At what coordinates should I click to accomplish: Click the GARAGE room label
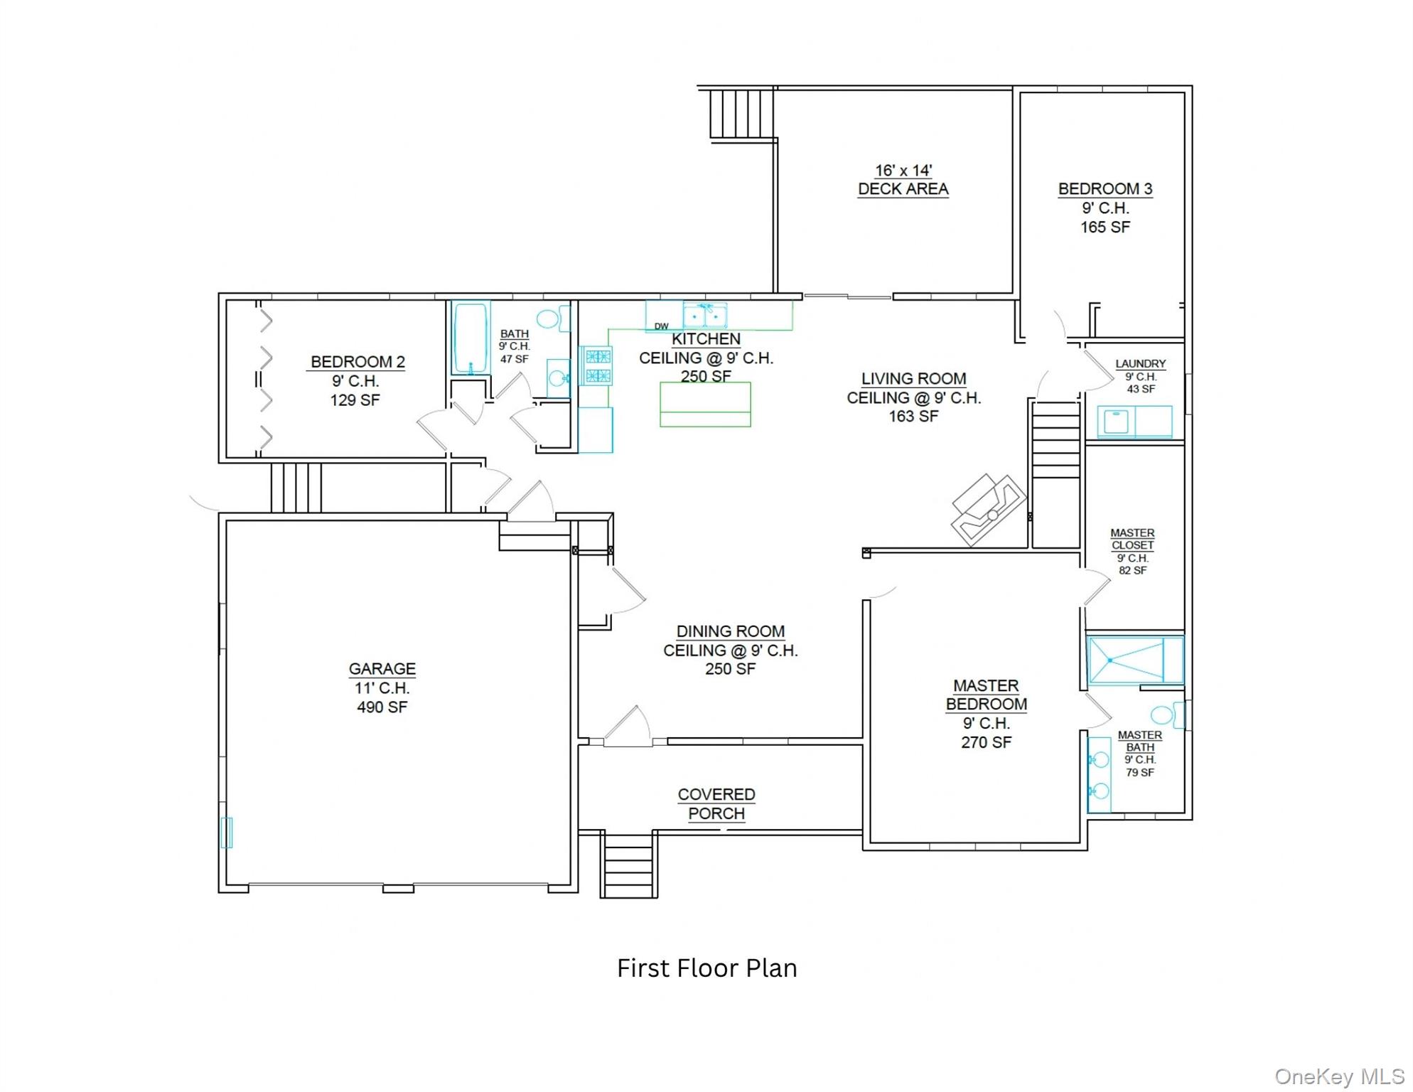tap(382, 669)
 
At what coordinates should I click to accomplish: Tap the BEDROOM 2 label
tap(358, 362)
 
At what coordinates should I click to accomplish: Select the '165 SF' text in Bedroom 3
tap(1105, 227)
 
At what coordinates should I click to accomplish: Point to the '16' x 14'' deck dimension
tap(903, 171)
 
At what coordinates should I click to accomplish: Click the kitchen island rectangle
tap(705, 405)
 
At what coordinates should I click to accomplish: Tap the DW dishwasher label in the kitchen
tap(661, 326)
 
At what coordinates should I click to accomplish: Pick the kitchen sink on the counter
tap(705, 315)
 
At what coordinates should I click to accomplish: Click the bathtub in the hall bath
tap(471, 338)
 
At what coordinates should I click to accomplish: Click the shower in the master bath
tap(1135, 660)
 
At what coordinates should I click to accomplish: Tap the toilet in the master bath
tap(1168, 714)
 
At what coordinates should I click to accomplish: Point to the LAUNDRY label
tap(1140, 364)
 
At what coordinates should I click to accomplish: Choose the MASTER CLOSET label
tap(1132, 539)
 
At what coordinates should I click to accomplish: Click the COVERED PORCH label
tap(716, 804)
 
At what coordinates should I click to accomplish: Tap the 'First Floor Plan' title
tap(706, 968)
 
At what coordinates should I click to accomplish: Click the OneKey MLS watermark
tap(1339, 1076)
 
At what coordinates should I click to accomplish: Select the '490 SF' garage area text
tap(382, 707)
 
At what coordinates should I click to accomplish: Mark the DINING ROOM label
tap(731, 631)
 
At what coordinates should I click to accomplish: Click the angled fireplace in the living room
tap(989, 510)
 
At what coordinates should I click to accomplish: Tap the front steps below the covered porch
tap(628, 865)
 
